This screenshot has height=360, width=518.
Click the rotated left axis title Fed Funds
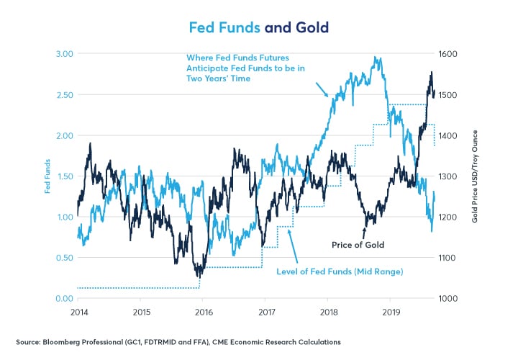pos(47,176)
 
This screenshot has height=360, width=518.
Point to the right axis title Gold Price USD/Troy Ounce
pos(476,176)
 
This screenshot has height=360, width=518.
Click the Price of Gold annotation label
pos(358,245)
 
